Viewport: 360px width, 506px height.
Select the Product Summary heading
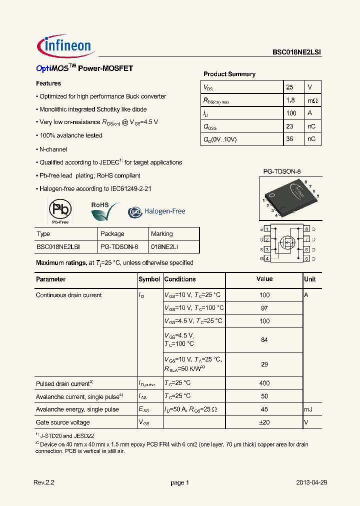229,74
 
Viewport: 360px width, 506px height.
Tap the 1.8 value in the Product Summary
290,100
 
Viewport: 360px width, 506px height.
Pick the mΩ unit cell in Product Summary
312,100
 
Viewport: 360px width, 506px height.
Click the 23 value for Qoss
289,126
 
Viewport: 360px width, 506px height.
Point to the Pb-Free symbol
60,210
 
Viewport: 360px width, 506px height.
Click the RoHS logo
104,211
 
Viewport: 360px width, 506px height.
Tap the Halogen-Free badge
157,211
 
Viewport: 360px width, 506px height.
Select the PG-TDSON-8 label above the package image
281,171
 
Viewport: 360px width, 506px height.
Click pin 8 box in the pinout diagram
307,229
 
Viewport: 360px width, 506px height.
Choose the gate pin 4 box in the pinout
267,258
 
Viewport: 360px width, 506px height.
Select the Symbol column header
149,279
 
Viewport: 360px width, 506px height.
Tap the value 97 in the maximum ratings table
264,308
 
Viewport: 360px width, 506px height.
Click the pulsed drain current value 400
264,383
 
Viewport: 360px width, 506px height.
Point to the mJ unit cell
308,409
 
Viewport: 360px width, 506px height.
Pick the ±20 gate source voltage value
264,422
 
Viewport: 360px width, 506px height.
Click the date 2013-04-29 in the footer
311,482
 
